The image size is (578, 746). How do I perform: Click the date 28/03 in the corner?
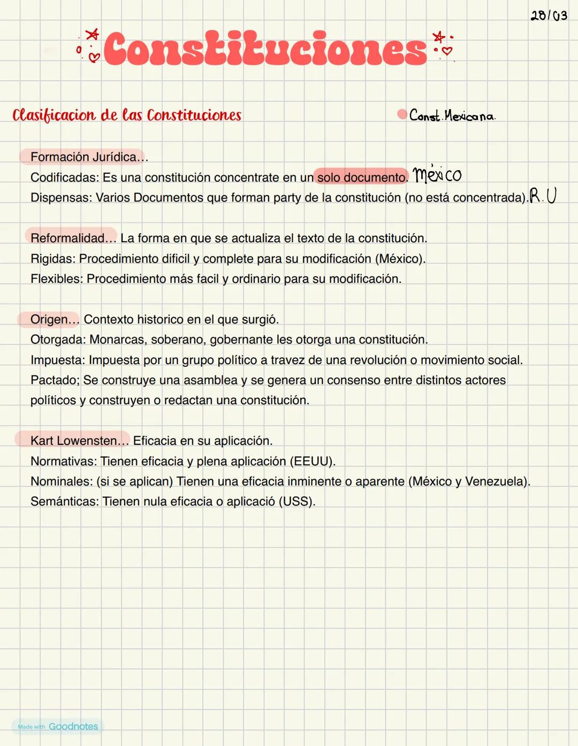coord(549,16)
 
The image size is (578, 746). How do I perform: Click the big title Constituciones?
coord(265,49)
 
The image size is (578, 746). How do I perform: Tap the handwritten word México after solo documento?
coord(437,174)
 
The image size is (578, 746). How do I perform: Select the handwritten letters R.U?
coord(543,196)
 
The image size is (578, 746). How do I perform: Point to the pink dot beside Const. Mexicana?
coord(402,114)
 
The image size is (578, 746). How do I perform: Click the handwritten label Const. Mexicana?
coord(452,116)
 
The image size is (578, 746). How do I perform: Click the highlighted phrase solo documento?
coord(361,177)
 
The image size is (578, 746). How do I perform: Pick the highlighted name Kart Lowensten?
coord(74,441)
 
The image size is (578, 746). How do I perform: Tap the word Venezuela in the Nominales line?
coord(494,481)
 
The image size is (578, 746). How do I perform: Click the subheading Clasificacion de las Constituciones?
coord(127,116)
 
